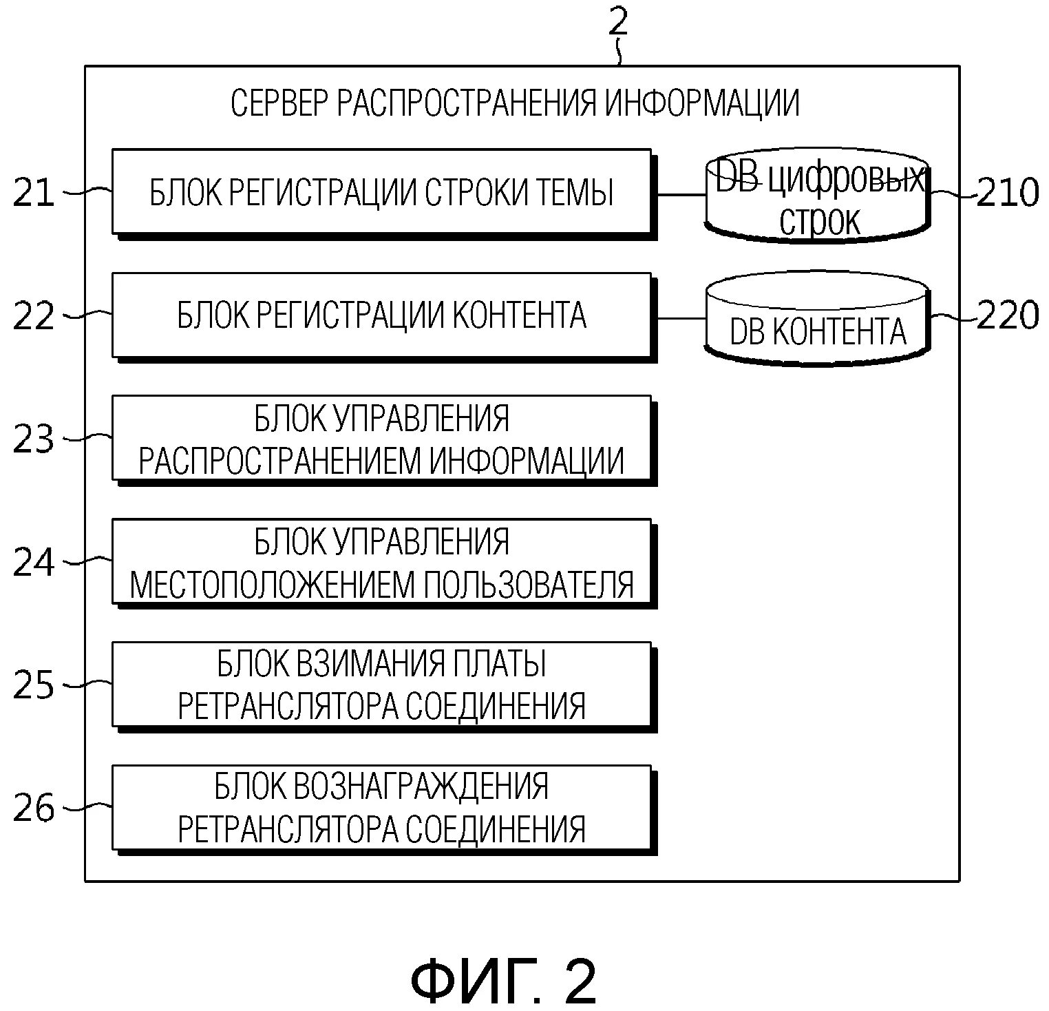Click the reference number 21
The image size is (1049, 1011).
pos(33,192)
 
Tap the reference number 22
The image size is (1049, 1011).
pos(33,316)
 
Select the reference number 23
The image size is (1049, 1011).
pos(33,438)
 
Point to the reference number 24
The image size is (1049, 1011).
pos(33,562)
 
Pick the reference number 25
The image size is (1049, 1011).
pos(33,685)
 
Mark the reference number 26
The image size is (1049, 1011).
pos(33,808)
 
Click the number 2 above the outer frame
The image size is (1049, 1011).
pos(618,22)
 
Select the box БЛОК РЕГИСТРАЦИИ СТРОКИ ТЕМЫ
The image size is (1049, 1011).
pos(381,191)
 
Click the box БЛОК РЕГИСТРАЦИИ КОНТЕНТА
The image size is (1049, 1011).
pos(381,315)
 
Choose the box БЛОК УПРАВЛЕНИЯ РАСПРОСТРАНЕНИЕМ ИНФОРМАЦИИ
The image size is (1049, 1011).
pos(381,438)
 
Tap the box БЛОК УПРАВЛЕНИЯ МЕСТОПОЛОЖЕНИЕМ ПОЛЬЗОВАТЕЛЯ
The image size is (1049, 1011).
pos(381,562)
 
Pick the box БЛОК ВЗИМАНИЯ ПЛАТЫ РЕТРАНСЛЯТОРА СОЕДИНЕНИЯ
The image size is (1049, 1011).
pos(381,685)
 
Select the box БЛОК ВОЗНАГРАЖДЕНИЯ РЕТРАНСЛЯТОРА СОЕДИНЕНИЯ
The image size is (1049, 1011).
pos(381,807)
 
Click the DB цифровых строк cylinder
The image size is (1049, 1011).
pos(818,196)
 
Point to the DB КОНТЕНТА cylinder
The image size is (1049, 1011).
pos(818,320)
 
